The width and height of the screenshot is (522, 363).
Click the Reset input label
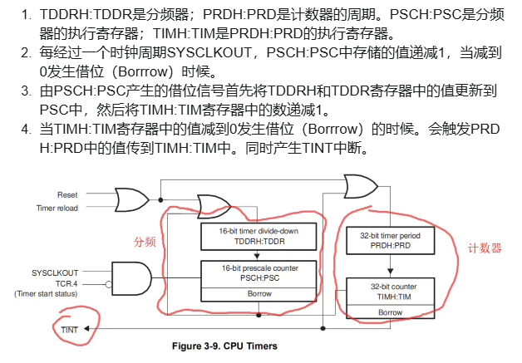(67, 194)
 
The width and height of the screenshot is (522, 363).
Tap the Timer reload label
(57, 208)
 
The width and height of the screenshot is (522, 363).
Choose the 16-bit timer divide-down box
(259, 236)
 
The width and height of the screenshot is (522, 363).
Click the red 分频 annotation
(145, 242)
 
